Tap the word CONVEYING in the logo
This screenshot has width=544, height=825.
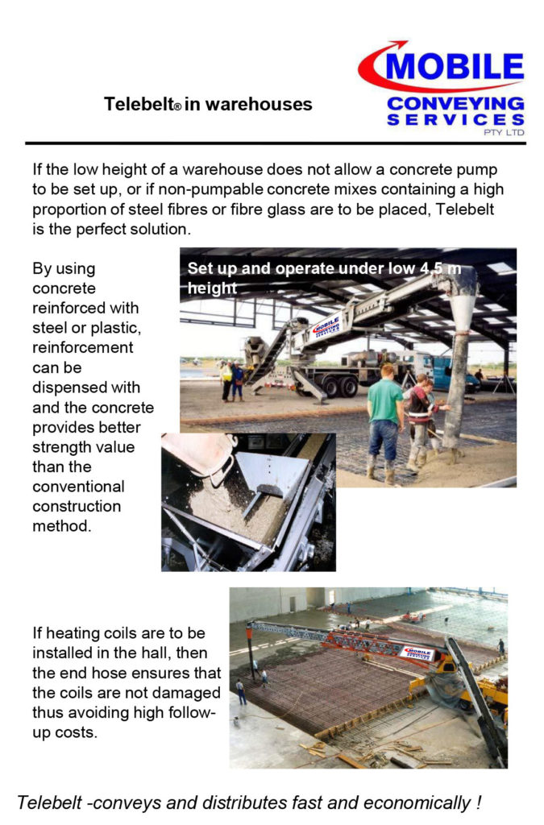pos(455,104)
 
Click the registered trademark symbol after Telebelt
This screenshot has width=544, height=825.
pos(176,108)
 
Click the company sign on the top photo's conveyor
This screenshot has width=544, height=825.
pos(325,327)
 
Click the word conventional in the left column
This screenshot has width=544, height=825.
pos(78,487)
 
